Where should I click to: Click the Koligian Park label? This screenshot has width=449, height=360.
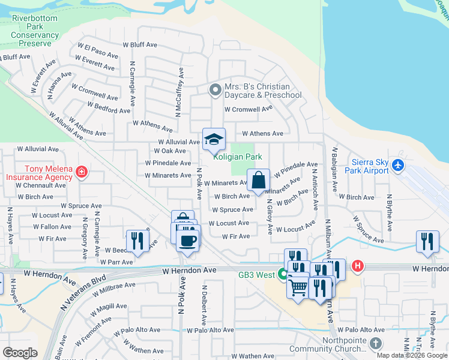click(237, 157)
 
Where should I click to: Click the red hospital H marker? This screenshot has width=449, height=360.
click(358, 265)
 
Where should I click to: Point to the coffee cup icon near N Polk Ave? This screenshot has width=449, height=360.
click(188, 241)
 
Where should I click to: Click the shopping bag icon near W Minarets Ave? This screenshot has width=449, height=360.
click(258, 179)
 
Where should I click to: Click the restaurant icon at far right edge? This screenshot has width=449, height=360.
click(427, 241)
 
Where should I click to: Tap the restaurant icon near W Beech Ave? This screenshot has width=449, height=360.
click(137, 241)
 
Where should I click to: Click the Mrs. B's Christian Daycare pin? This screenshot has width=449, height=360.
click(215, 91)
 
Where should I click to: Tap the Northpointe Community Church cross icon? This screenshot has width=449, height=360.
click(376, 343)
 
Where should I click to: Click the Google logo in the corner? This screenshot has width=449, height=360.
click(20, 353)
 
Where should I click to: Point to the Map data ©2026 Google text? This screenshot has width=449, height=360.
click(412, 355)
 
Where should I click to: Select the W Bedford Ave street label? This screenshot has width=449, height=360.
click(109, 107)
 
